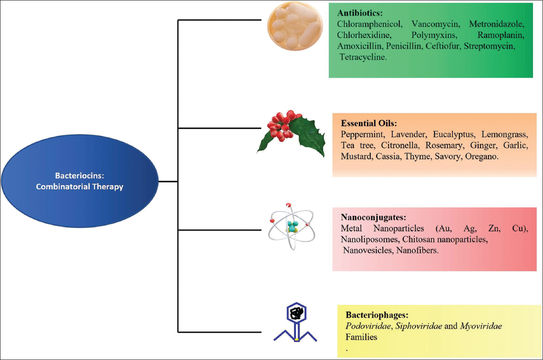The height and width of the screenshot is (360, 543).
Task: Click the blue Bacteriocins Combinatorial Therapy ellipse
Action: [x=79, y=182]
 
